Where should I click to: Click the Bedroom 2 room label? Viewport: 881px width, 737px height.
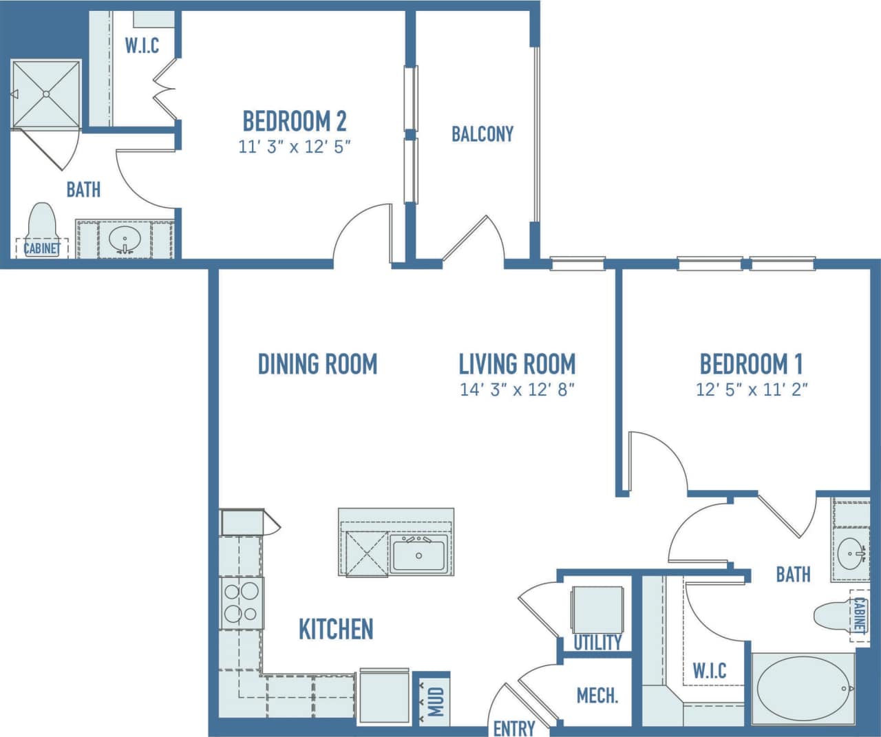pyautogui.click(x=295, y=121)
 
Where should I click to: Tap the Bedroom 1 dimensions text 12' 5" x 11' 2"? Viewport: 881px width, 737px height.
pyautogui.click(x=752, y=389)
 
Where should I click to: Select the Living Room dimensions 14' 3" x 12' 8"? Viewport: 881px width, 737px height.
pyautogui.click(x=517, y=389)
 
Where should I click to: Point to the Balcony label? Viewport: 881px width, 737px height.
pyautogui.click(x=482, y=133)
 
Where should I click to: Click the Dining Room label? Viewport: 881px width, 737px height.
pyautogui.click(x=317, y=363)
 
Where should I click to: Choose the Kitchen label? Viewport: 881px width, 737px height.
pyautogui.click(x=336, y=629)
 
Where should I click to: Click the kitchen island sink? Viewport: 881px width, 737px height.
pyautogui.click(x=419, y=555)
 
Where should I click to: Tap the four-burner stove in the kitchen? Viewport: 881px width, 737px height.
pyautogui.click(x=241, y=603)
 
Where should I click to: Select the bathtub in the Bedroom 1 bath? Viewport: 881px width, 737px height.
pyautogui.click(x=803, y=688)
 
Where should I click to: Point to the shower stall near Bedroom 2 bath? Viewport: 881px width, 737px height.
pyautogui.click(x=47, y=94)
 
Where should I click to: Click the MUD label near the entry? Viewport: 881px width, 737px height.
pyautogui.click(x=436, y=701)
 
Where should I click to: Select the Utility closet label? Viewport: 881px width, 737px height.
pyautogui.click(x=597, y=642)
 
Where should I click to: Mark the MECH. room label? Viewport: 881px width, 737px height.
pyautogui.click(x=597, y=696)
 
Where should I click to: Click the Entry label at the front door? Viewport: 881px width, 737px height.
pyautogui.click(x=513, y=727)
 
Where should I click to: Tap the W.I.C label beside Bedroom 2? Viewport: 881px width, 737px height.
pyautogui.click(x=142, y=45)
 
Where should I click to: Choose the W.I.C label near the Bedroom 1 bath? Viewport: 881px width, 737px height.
pyautogui.click(x=709, y=670)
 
